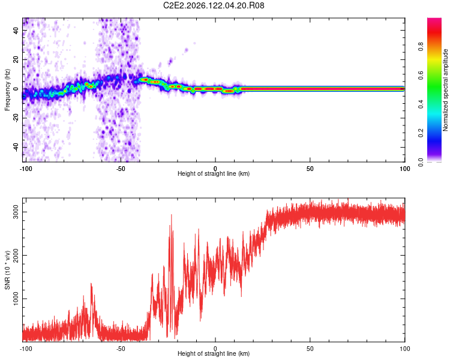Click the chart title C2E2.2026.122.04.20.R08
coord(214,5)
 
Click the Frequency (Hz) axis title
coord(7,90)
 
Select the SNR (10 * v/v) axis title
coord(7,270)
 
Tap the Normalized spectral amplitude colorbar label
coord(445,90)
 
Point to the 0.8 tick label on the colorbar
coord(421,46)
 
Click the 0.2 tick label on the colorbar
coord(421,133)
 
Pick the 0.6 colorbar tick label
coord(421,75)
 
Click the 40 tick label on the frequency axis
coord(16,30)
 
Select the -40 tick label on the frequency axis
coord(16,147)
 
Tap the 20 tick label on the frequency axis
coord(16,59)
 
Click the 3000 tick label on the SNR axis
coord(16,212)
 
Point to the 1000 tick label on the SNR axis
coord(16,299)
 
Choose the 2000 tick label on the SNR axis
coord(16,255)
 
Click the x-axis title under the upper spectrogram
coord(214,173)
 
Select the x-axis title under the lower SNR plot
coord(214,353)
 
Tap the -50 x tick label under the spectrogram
coord(120,169)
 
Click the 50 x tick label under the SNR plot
coord(310,349)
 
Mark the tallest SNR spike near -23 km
coord(172,215)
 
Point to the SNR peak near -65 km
coord(91,284)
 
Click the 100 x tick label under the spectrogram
coord(404,169)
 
